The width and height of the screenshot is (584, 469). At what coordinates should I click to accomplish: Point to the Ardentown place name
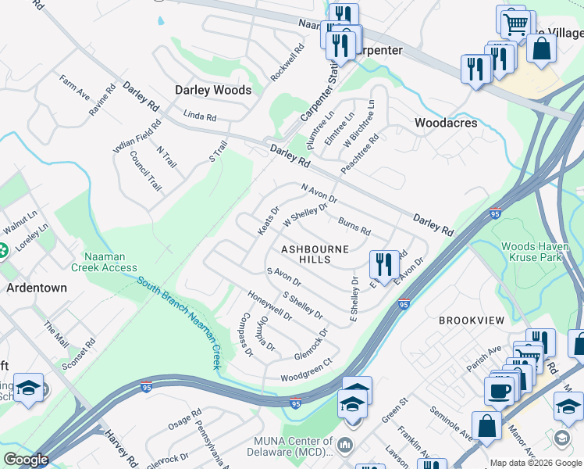pos(37,287)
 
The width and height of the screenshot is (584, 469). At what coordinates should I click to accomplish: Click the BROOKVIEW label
pos(469,321)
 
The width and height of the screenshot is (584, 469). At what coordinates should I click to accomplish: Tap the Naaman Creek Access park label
pos(104,260)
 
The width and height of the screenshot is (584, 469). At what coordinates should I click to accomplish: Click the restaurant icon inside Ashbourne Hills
pos(382,263)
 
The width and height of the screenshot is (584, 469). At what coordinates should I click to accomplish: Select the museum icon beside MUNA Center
pos(347,446)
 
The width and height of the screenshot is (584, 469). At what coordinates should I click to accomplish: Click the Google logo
pos(27,460)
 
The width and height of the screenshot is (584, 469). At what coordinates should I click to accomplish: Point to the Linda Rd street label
pos(199,116)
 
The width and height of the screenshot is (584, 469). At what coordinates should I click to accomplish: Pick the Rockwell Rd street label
pos(287,62)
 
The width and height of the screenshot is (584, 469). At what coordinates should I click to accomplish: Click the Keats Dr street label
pos(269,220)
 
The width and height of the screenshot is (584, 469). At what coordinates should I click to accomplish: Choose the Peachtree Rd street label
pos(359,154)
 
